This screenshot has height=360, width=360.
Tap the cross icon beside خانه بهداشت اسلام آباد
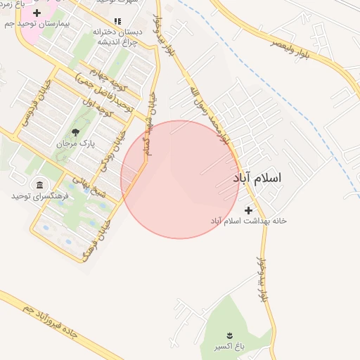[x=248, y=210]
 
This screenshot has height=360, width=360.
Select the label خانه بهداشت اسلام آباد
[x=249, y=221]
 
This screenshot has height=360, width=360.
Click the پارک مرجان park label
[x=76, y=143]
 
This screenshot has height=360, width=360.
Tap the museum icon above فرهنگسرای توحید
[x=39, y=184]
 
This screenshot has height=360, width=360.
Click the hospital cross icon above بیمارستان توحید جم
[x=37, y=13]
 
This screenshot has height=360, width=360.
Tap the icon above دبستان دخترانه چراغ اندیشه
[x=117, y=21]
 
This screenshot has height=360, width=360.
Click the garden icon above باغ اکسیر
[x=229, y=335]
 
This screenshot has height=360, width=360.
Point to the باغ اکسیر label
[x=229, y=347]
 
